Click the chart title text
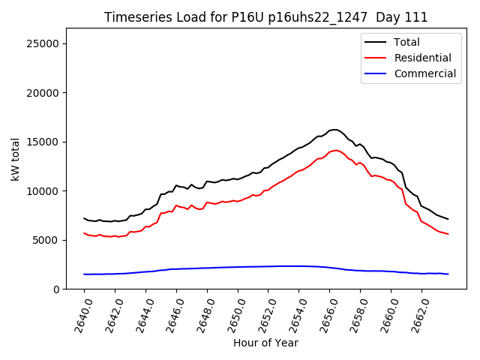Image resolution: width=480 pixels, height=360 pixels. coord(265,17)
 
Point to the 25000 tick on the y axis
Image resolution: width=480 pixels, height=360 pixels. coord(43,43)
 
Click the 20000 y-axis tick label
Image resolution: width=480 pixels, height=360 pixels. coord(43,93)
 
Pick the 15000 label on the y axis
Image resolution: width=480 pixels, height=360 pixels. coord(43,142)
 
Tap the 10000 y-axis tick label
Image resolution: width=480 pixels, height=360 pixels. coord(43,191)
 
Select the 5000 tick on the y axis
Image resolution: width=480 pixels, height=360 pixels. coord(46,240)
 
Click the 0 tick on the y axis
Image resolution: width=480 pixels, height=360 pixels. coord(56,289)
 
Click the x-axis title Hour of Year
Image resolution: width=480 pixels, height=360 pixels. coord(265,343)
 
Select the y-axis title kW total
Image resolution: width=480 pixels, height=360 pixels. coord(15,158)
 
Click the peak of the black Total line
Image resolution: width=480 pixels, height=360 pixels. coord(334,130)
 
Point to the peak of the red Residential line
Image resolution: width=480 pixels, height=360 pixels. coord(335,150)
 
